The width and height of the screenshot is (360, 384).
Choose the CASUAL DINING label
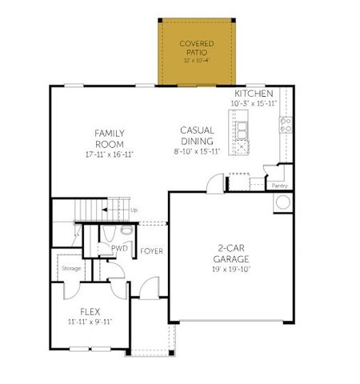point(197,135)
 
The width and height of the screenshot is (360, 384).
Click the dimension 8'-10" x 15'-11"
point(197,152)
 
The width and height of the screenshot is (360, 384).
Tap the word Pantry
point(279,186)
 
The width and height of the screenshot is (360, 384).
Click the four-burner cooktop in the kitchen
point(284,125)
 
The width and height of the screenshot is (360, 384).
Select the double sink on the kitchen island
point(241,126)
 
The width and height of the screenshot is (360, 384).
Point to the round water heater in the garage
point(281,202)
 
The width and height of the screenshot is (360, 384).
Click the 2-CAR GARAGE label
point(233,254)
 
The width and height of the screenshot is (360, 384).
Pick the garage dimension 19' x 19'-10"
point(233,270)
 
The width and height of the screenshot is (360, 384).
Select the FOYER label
point(152,251)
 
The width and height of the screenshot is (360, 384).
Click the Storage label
point(70,268)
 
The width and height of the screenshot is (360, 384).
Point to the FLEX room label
point(90,310)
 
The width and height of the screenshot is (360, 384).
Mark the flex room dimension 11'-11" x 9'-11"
point(90,322)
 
